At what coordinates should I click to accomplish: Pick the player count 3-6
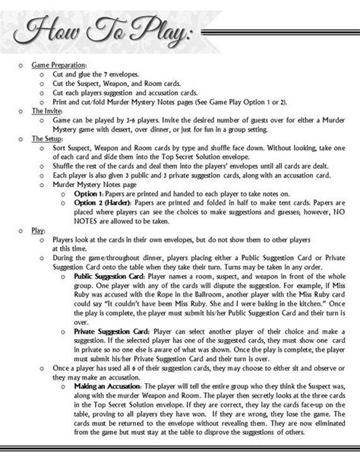click(163, 120)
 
